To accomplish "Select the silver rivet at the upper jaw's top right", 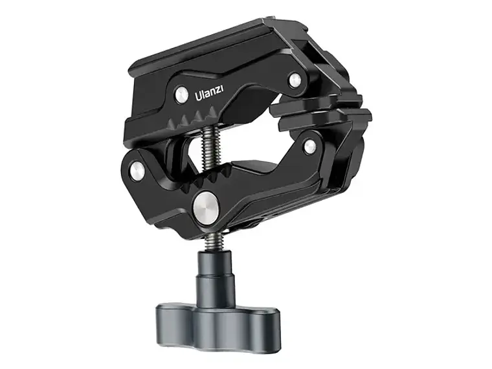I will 295,80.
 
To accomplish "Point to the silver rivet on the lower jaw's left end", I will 137,170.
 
